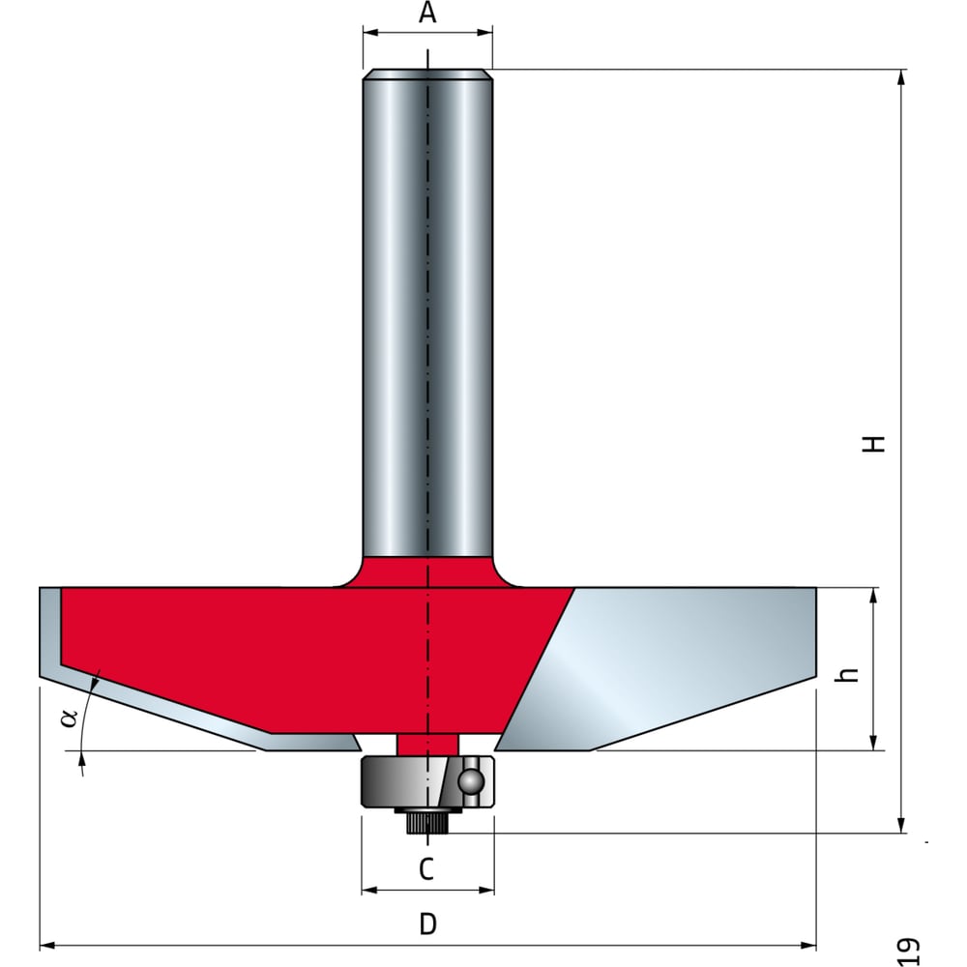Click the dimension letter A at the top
tap(427, 13)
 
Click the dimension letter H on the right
tap(873, 444)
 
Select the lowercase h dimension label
tap(850, 674)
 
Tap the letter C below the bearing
tap(426, 869)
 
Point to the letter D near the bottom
tap(427, 923)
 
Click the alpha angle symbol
tap(69, 718)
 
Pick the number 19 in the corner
tap(907, 951)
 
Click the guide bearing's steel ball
tap(471, 781)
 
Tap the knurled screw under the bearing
tap(428, 822)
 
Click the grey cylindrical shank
tap(427, 313)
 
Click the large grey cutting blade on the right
tap(658, 668)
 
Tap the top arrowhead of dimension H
tap(901, 77)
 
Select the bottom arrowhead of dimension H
tap(901, 825)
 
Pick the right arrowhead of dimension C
tap(486, 890)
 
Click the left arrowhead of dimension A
tap(370, 32)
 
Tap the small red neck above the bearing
tap(427, 745)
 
